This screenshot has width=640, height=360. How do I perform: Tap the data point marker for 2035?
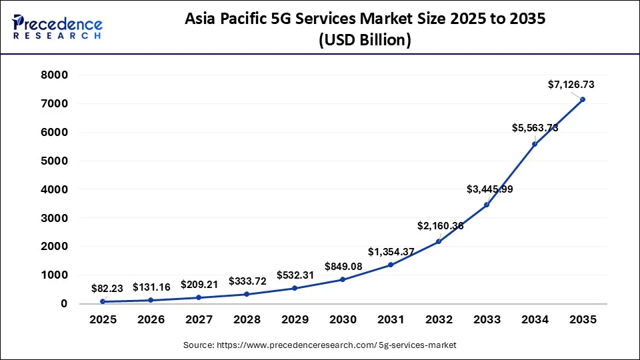tap(583, 99)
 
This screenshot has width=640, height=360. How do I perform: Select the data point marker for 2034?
tap(535, 144)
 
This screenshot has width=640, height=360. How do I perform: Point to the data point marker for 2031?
tap(391, 265)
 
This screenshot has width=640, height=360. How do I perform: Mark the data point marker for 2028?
tap(247, 294)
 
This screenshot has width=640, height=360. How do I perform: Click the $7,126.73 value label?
tap(571, 85)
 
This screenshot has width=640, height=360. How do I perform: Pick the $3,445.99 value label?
tap(490, 189)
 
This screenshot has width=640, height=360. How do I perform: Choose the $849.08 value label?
tap(343, 267)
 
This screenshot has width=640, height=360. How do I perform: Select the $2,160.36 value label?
tap(440, 226)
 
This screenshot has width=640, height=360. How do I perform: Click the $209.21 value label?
tap(200, 284)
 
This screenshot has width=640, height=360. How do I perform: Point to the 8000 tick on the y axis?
tap(55, 75)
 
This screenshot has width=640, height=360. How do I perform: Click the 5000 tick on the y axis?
tap(55, 161)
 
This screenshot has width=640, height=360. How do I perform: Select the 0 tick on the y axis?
tap(64, 303)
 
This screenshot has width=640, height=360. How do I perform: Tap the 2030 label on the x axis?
tap(343, 319)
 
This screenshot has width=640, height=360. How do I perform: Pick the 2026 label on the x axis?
tap(151, 319)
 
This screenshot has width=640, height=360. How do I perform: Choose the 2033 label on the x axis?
tap(487, 319)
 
